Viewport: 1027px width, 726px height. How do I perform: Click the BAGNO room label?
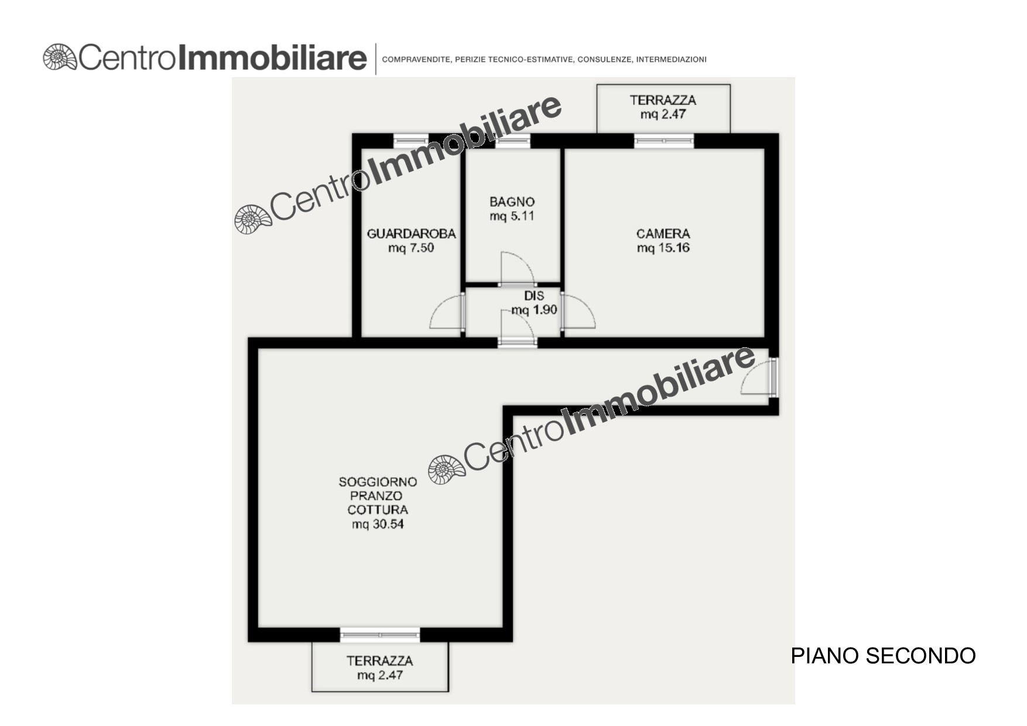pyautogui.click(x=512, y=202)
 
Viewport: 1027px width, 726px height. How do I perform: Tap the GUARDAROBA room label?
pyautogui.click(x=411, y=234)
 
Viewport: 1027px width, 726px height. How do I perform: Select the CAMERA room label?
pyautogui.click(x=663, y=234)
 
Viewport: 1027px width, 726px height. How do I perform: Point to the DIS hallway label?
pyautogui.click(x=534, y=296)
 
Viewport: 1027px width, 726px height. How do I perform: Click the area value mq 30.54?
pyautogui.click(x=378, y=524)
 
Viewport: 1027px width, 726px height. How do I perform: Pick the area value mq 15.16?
pyautogui.click(x=663, y=248)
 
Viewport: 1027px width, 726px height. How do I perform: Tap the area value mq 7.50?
pyautogui.click(x=411, y=248)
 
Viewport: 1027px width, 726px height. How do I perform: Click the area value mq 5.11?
pyautogui.click(x=512, y=216)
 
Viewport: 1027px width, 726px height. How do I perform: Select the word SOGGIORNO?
pyautogui.click(x=378, y=482)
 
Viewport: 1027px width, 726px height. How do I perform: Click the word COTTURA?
pyautogui.click(x=378, y=510)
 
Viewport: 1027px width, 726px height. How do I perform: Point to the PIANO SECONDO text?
pyautogui.click(x=883, y=656)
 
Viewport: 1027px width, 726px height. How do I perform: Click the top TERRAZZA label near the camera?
pyautogui.click(x=663, y=100)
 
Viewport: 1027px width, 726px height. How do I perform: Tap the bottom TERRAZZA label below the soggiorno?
pyautogui.click(x=379, y=661)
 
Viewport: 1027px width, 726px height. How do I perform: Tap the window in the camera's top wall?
pyautogui.click(x=664, y=141)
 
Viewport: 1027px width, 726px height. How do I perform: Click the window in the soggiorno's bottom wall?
pyautogui.click(x=380, y=635)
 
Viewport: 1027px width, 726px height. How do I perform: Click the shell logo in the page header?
pyautogui.click(x=60, y=57)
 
